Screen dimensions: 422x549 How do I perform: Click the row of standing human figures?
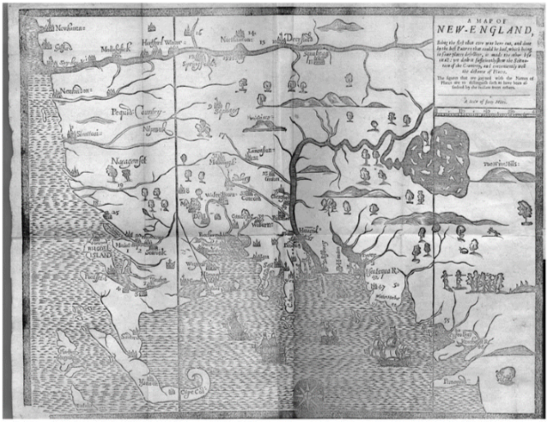475,282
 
